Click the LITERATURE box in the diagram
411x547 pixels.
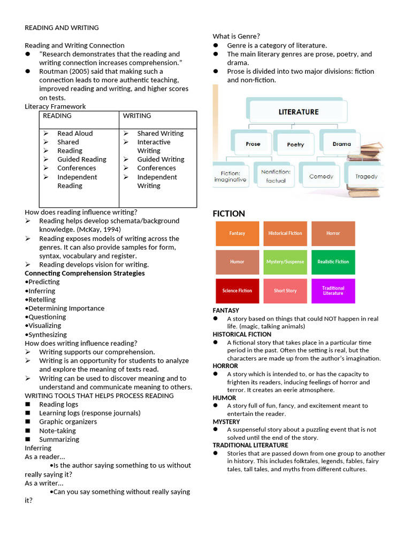point(298,112)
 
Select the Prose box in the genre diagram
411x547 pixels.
point(253,144)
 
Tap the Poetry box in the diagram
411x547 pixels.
point(295,144)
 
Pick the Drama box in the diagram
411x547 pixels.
point(341,144)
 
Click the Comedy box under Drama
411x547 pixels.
point(321,176)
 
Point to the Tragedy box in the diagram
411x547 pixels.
point(366,176)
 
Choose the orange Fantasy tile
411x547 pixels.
point(237,233)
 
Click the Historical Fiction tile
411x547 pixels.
point(285,233)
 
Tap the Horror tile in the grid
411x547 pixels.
point(333,233)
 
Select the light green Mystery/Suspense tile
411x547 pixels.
point(285,262)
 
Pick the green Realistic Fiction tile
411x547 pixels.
point(333,262)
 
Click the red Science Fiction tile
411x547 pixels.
point(237,291)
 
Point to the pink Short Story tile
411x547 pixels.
point(285,291)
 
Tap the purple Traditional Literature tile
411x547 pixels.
point(333,291)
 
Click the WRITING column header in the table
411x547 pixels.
point(137,116)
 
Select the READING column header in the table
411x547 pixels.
point(57,116)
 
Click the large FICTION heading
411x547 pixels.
point(229,214)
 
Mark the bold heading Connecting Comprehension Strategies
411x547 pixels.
point(85,273)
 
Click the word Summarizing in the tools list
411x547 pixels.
point(59,439)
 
